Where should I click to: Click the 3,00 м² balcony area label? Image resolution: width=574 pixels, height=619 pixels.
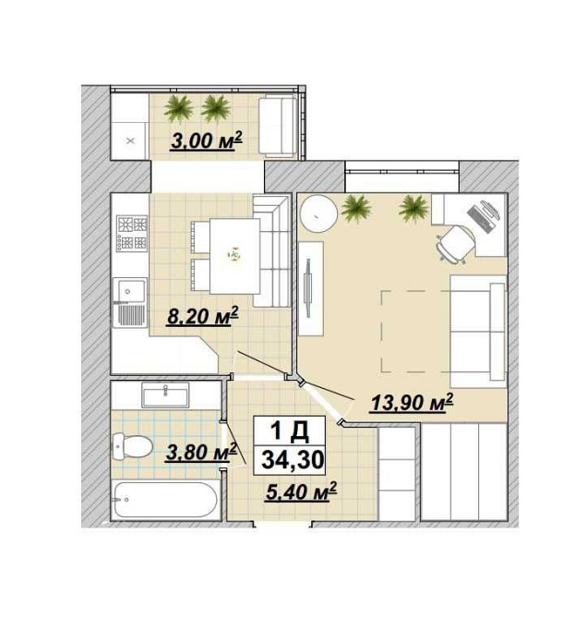(x=206, y=141)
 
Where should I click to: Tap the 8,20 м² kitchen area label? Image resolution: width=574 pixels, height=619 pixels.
(x=203, y=315)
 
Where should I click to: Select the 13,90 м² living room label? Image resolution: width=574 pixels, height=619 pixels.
(x=411, y=403)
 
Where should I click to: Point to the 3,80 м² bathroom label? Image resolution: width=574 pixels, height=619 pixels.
(x=201, y=452)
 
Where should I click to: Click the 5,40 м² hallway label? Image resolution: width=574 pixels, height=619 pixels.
(x=301, y=492)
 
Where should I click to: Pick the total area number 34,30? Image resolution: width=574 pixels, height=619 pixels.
(x=293, y=460)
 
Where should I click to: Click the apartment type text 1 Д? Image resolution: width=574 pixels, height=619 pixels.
(x=290, y=431)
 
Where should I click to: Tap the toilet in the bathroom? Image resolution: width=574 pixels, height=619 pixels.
(x=133, y=446)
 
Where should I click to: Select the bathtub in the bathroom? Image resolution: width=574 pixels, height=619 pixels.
(x=165, y=499)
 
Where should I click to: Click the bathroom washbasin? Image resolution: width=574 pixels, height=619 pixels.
(x=165, y=394)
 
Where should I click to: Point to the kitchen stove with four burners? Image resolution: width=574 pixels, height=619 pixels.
(x=132, y=234)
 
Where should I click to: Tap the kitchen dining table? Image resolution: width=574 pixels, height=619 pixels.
(x=235, y=256)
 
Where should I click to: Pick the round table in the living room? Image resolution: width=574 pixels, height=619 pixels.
(x=318, y=214)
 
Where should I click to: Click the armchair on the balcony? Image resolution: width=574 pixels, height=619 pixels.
(x=278, y=126)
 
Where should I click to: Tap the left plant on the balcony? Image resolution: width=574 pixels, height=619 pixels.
(x=178, y=109)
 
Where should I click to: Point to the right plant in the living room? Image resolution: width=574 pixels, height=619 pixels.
(x=413, y=208)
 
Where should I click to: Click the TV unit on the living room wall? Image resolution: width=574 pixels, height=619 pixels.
(x=311, y=288)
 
